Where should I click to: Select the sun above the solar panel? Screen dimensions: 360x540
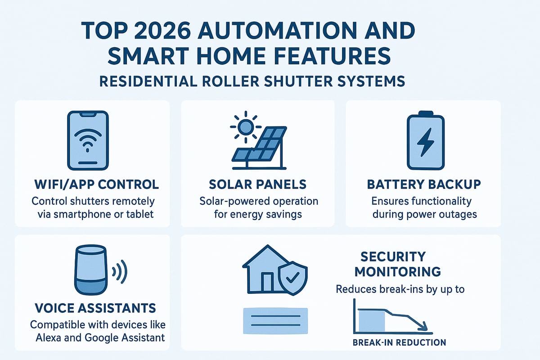click(x=245, y=127)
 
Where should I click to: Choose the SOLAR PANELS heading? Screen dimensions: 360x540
click(x=258, y=184)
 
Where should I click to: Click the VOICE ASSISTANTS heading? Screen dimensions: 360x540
click(x=95, y=308)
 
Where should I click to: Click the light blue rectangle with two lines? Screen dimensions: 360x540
click(x=275, y=321)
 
